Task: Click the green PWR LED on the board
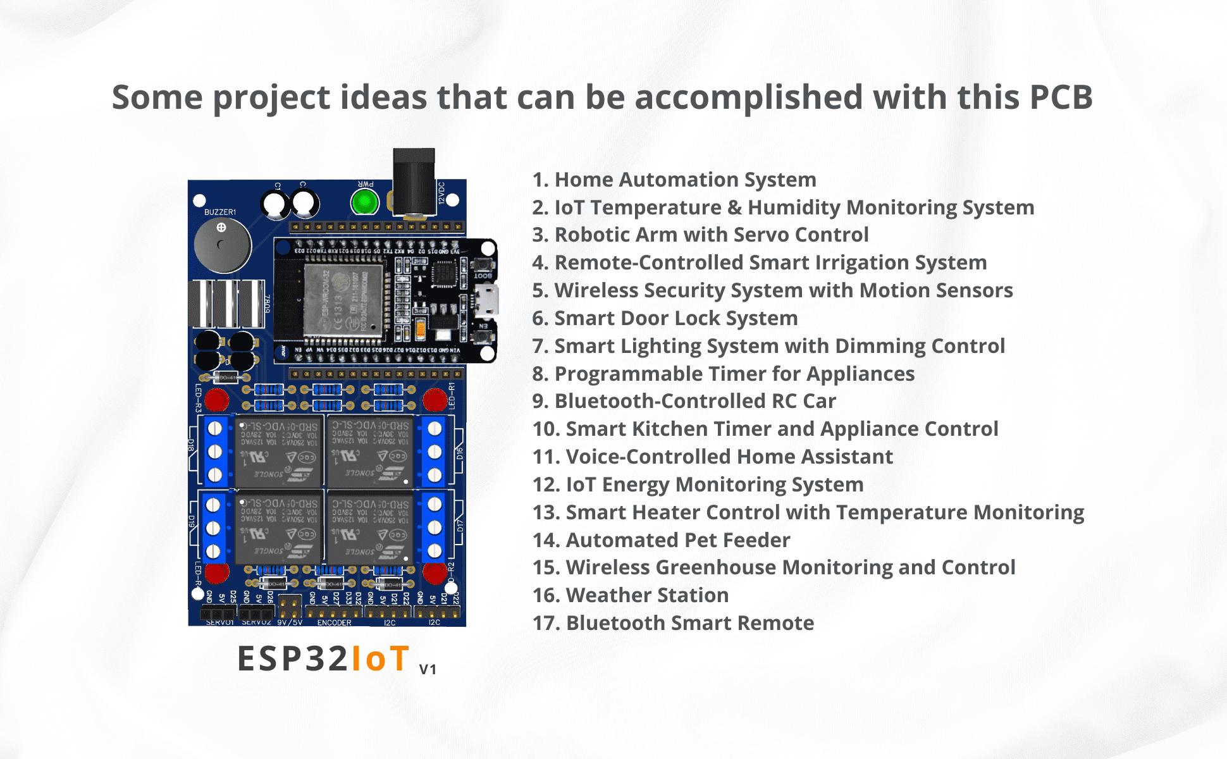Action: tap(364, 202)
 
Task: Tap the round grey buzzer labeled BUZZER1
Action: tap(222, 245)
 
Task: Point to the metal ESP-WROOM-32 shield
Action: tap(343, 300)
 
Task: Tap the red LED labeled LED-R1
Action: tap(435, 400)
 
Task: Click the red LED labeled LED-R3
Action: tap(216, 400)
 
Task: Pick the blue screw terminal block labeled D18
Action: tap(215, 451)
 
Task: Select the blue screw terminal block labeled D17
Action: tap(435, 527)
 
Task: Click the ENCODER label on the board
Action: tap(334, 623)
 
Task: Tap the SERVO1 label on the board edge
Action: tap(219, 623)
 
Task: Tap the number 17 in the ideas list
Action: tap(544, 623)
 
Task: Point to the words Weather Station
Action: tap(647, 595)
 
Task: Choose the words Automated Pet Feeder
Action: tap(678, 540)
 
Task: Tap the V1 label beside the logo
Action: tap(428, 669)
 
